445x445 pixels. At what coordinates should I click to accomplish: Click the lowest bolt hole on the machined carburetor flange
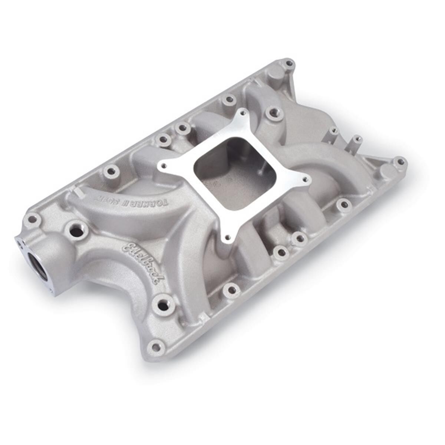(x=227, y=236)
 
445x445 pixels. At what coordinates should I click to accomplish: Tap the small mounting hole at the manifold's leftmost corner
(x=32, y=219)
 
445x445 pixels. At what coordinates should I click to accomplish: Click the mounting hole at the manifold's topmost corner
(x=289, y=63)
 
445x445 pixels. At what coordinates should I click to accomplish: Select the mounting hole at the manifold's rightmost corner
(x=400, y=162)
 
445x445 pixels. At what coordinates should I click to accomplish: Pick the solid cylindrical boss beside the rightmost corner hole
(x=386, y=171)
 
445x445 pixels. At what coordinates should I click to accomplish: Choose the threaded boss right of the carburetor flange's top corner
(x=275, y=111)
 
